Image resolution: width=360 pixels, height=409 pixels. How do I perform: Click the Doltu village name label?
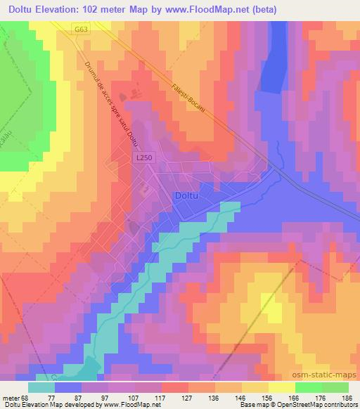(x=189, y=196)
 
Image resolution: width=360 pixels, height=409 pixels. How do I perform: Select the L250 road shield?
(x=143, y=160)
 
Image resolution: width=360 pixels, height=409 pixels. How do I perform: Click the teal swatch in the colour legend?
(x=41, y=388)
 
